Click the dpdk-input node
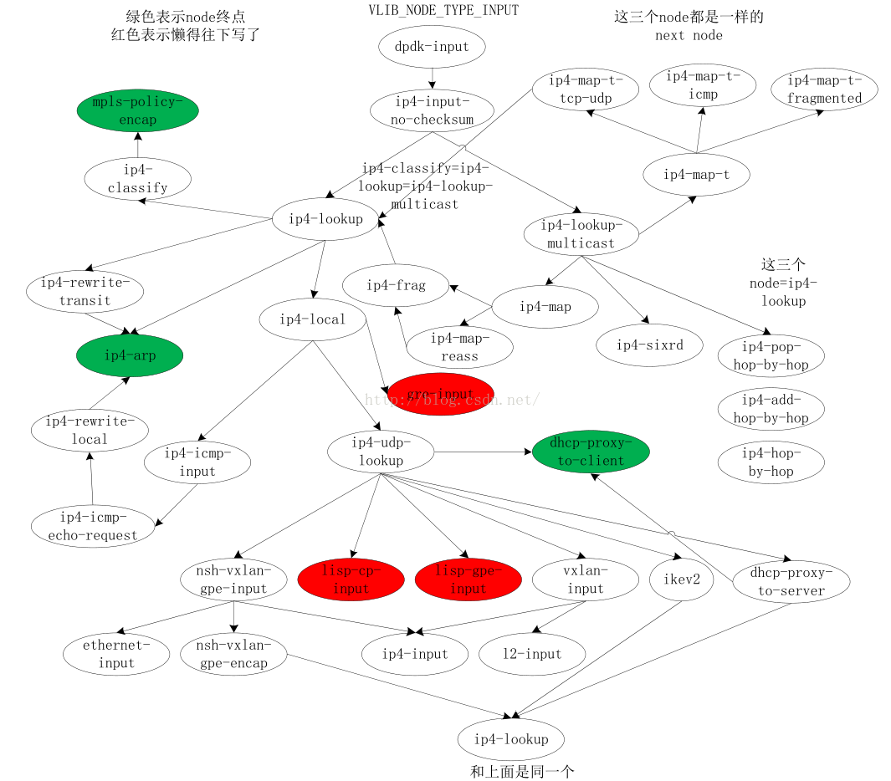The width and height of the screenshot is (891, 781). click(432, 47)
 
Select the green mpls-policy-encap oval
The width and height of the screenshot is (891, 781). click(137, 110)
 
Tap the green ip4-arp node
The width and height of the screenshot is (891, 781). click(129, 355)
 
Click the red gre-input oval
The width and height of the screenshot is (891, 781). click(441, 394)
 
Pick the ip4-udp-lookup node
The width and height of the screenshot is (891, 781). click(381, 452)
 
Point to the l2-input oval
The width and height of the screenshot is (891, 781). click(532, 654)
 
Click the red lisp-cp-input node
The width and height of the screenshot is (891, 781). click(351, 579)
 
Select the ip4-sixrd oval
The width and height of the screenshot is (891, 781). click(649, 345)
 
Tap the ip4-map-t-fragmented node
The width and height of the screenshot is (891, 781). click(824, 89)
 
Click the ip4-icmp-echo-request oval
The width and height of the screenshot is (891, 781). click(93, 526)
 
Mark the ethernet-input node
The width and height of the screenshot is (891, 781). click(116, 654)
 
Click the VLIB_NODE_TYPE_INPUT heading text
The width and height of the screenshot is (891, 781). click(443, 11)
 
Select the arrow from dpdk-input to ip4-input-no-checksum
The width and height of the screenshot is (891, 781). click(432, 78)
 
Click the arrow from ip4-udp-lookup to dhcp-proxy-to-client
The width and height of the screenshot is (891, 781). click(483, 452)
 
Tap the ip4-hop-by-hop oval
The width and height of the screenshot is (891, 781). click(771, 462)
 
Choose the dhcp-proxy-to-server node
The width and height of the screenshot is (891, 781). click(791, 581)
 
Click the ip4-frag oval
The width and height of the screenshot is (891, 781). click(396, 285)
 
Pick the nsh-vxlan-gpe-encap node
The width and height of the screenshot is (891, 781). click(233, 654)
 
